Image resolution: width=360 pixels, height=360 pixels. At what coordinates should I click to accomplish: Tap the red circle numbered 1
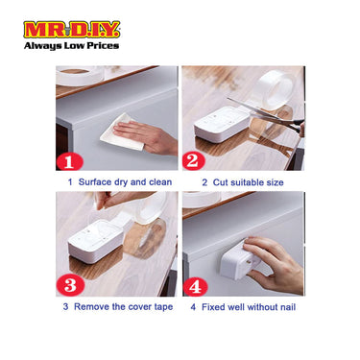[70, 160]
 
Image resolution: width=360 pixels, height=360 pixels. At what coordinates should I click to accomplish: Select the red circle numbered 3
[70, 285]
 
